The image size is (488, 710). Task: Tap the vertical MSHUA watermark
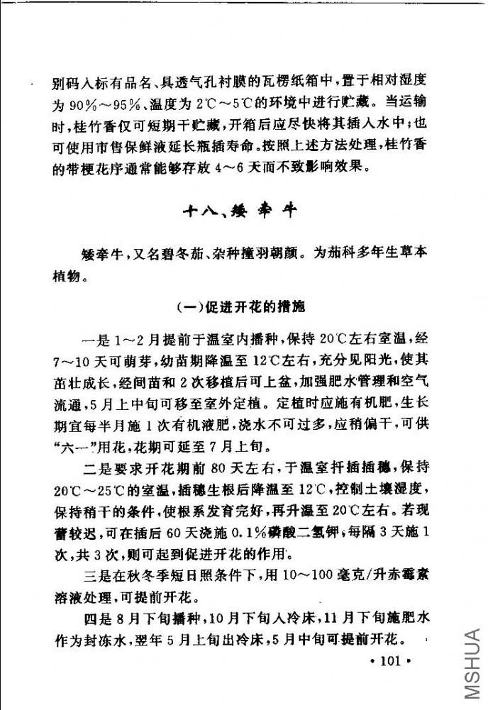click(473, 667)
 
